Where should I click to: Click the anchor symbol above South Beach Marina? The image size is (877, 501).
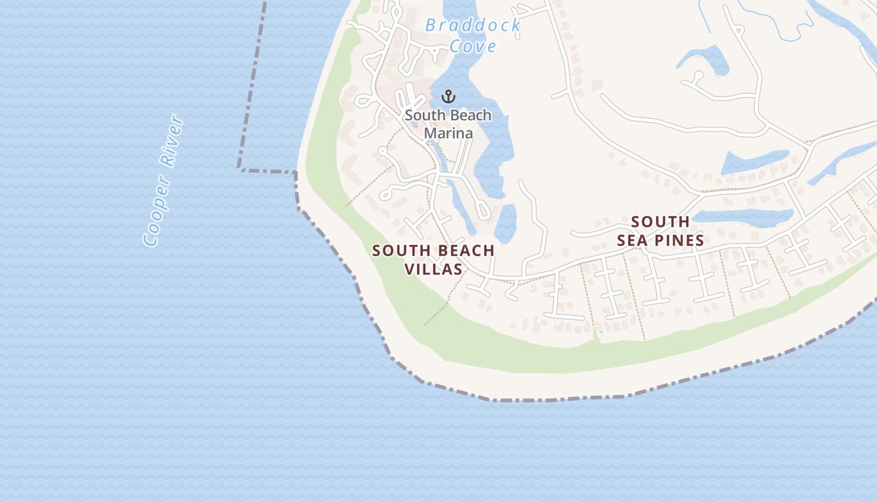(x=448, y=96)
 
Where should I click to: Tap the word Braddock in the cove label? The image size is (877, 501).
(x=473, y=26)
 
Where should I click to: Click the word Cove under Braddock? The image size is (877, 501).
(x=473, y=46)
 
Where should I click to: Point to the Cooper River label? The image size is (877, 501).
(x=163, y=180)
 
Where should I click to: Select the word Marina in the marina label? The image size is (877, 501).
(x=448, y=133)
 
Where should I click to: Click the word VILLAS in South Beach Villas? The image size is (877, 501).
(x=433, y=269)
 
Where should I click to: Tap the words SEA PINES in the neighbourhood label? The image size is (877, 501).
(x=660, y=240)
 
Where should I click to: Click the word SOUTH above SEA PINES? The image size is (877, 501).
(x=660, y=222)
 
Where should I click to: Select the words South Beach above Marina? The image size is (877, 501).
(x=448, y=116)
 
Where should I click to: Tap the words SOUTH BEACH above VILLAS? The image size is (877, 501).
(x=433, y=251)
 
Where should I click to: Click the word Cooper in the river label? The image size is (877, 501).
(x=157, y=211)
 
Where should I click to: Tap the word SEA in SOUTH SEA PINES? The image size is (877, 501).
(x=631, y=240)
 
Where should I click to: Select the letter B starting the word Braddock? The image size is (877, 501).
(x=431, y=26)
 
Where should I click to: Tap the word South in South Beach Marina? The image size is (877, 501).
(x=422, y=116)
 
